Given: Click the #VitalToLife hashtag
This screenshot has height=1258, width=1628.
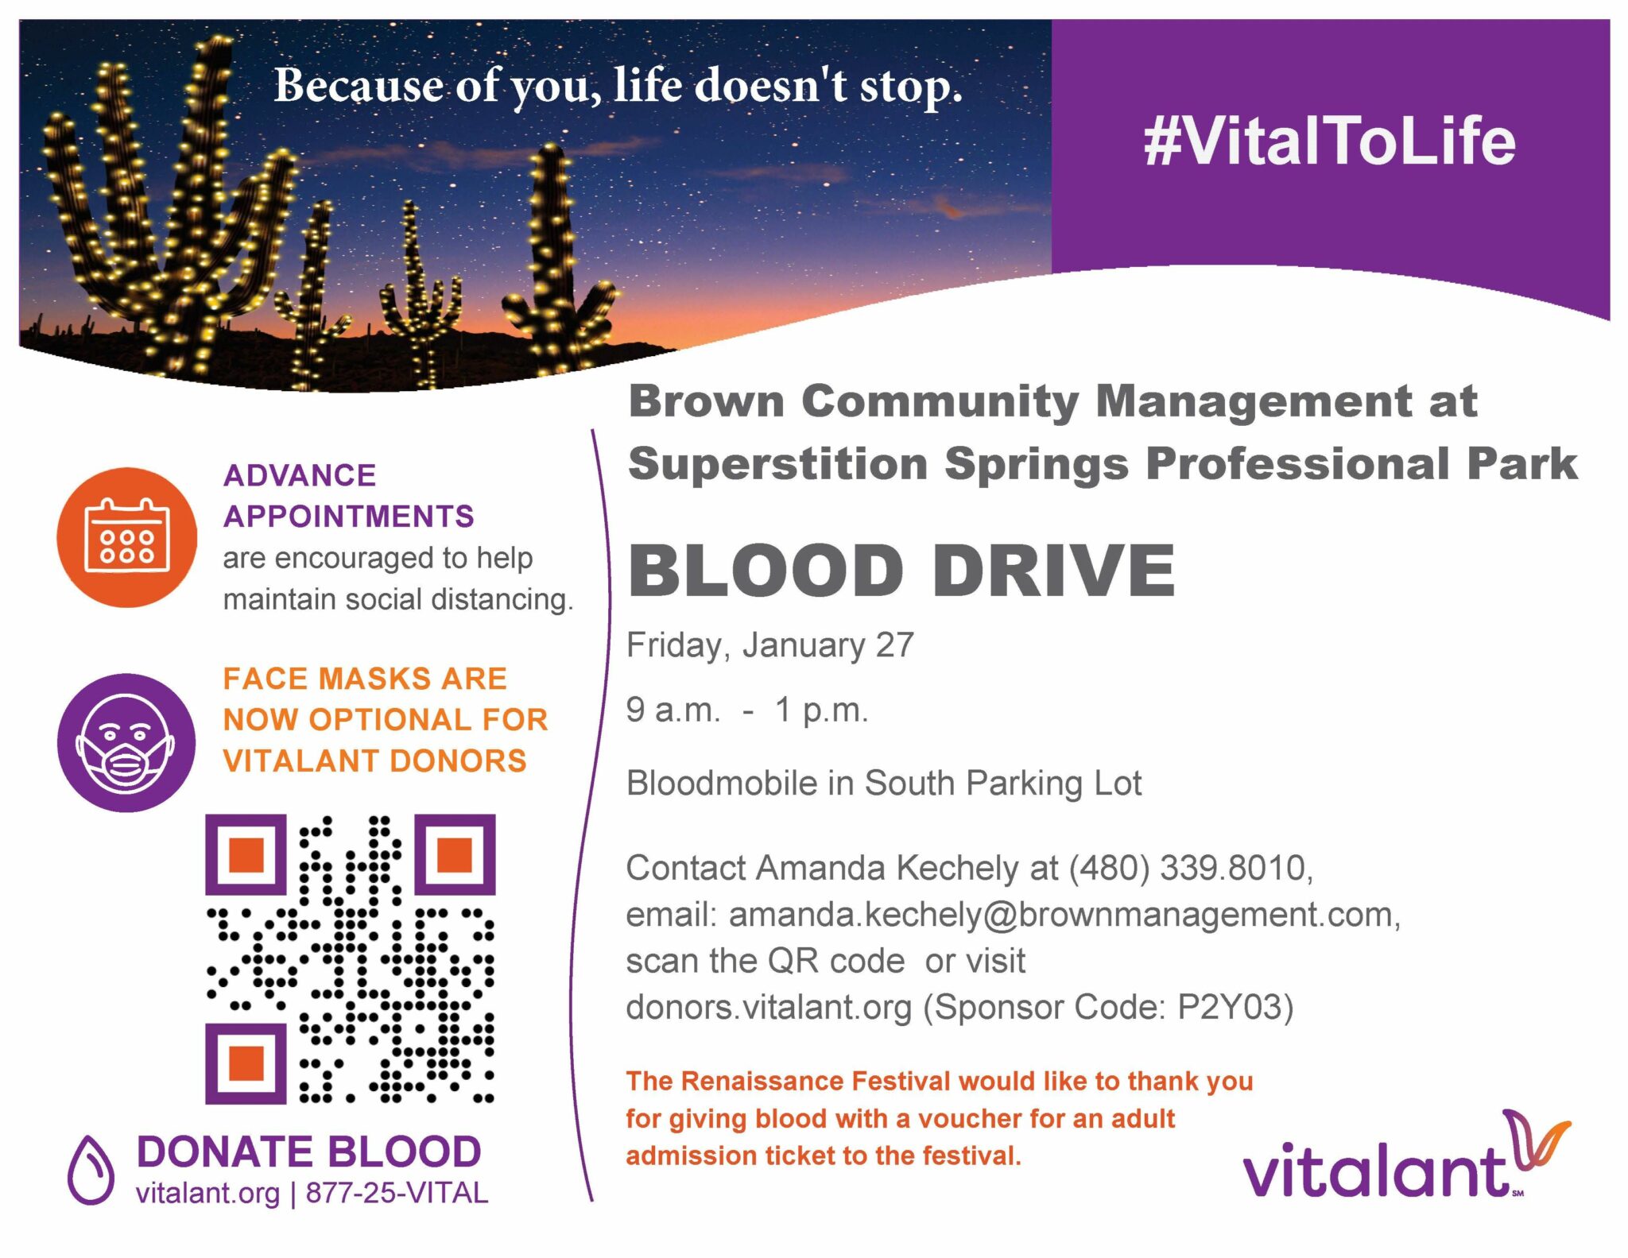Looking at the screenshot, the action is click(x=1329, y=141).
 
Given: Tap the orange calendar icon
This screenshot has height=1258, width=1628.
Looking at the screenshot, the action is click(x=126, y=537).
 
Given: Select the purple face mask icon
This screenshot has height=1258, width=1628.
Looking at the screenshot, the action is click(x=126, y=742).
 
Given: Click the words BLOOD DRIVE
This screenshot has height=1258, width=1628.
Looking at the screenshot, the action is click(x=901, y=571).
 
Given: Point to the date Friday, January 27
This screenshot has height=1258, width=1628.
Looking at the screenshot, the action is click(x=770, y=644).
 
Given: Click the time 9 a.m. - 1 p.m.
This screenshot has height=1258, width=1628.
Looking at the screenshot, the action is click(x=747, y=710).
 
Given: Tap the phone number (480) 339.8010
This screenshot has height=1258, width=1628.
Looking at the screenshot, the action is click(x=1190, y=868).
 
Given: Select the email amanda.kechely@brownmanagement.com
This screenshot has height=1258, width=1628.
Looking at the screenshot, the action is click(x=1064, y=915).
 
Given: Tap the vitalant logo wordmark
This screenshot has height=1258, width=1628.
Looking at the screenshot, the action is click(x=1407, y=1157).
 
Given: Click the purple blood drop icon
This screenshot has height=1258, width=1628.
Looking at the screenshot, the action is click(x=91, y=1169).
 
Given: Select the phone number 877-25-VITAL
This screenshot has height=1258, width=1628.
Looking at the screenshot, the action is click(x=397, y=1193).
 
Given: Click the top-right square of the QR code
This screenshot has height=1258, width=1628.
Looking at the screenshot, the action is click(x=455, y=854).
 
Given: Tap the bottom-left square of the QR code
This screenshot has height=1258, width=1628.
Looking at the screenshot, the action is click(x=246, y=1063).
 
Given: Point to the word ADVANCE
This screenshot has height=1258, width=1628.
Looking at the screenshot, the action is click(x=300, y=475).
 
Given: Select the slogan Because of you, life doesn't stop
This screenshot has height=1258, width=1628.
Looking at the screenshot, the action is click(x=618, y=86).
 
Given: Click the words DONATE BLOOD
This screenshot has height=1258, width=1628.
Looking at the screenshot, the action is click(x=309, y=1152).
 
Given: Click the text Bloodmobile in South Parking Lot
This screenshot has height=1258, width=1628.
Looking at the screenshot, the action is click(x=884, y=784).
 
